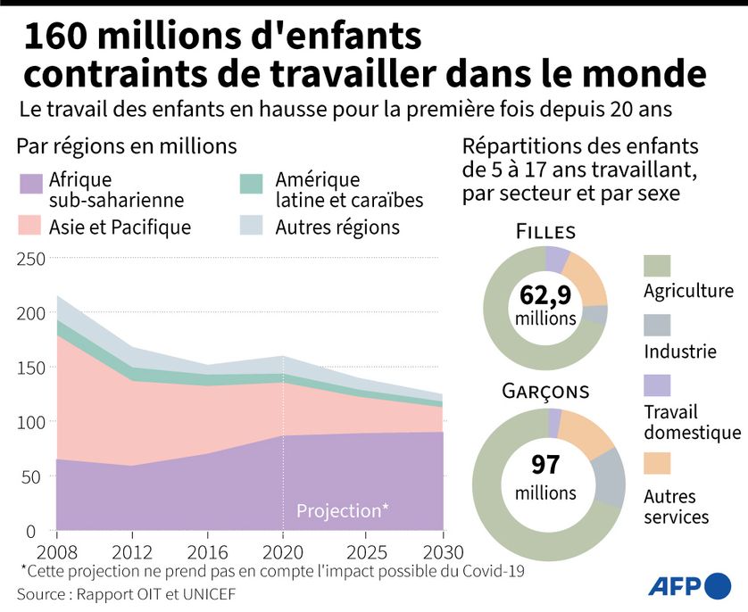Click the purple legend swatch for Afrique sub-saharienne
pyautogui.click(x=30, y=184)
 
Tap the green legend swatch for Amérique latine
pyautogui.click(x=253, y=184)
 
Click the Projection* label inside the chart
pyautogui.click(x=342, y=511)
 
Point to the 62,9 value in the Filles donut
pyautogui.click(x=544, y=295)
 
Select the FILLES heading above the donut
pyautogui.click(x=545, y=232)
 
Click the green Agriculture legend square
pyautogui.click(x=657, y=265)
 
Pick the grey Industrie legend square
pyautogui.click(x=657, y=325)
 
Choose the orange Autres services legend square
pyautogui.click(x=657, y=463)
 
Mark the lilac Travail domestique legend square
pyautogui.click(x=657, y=385)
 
